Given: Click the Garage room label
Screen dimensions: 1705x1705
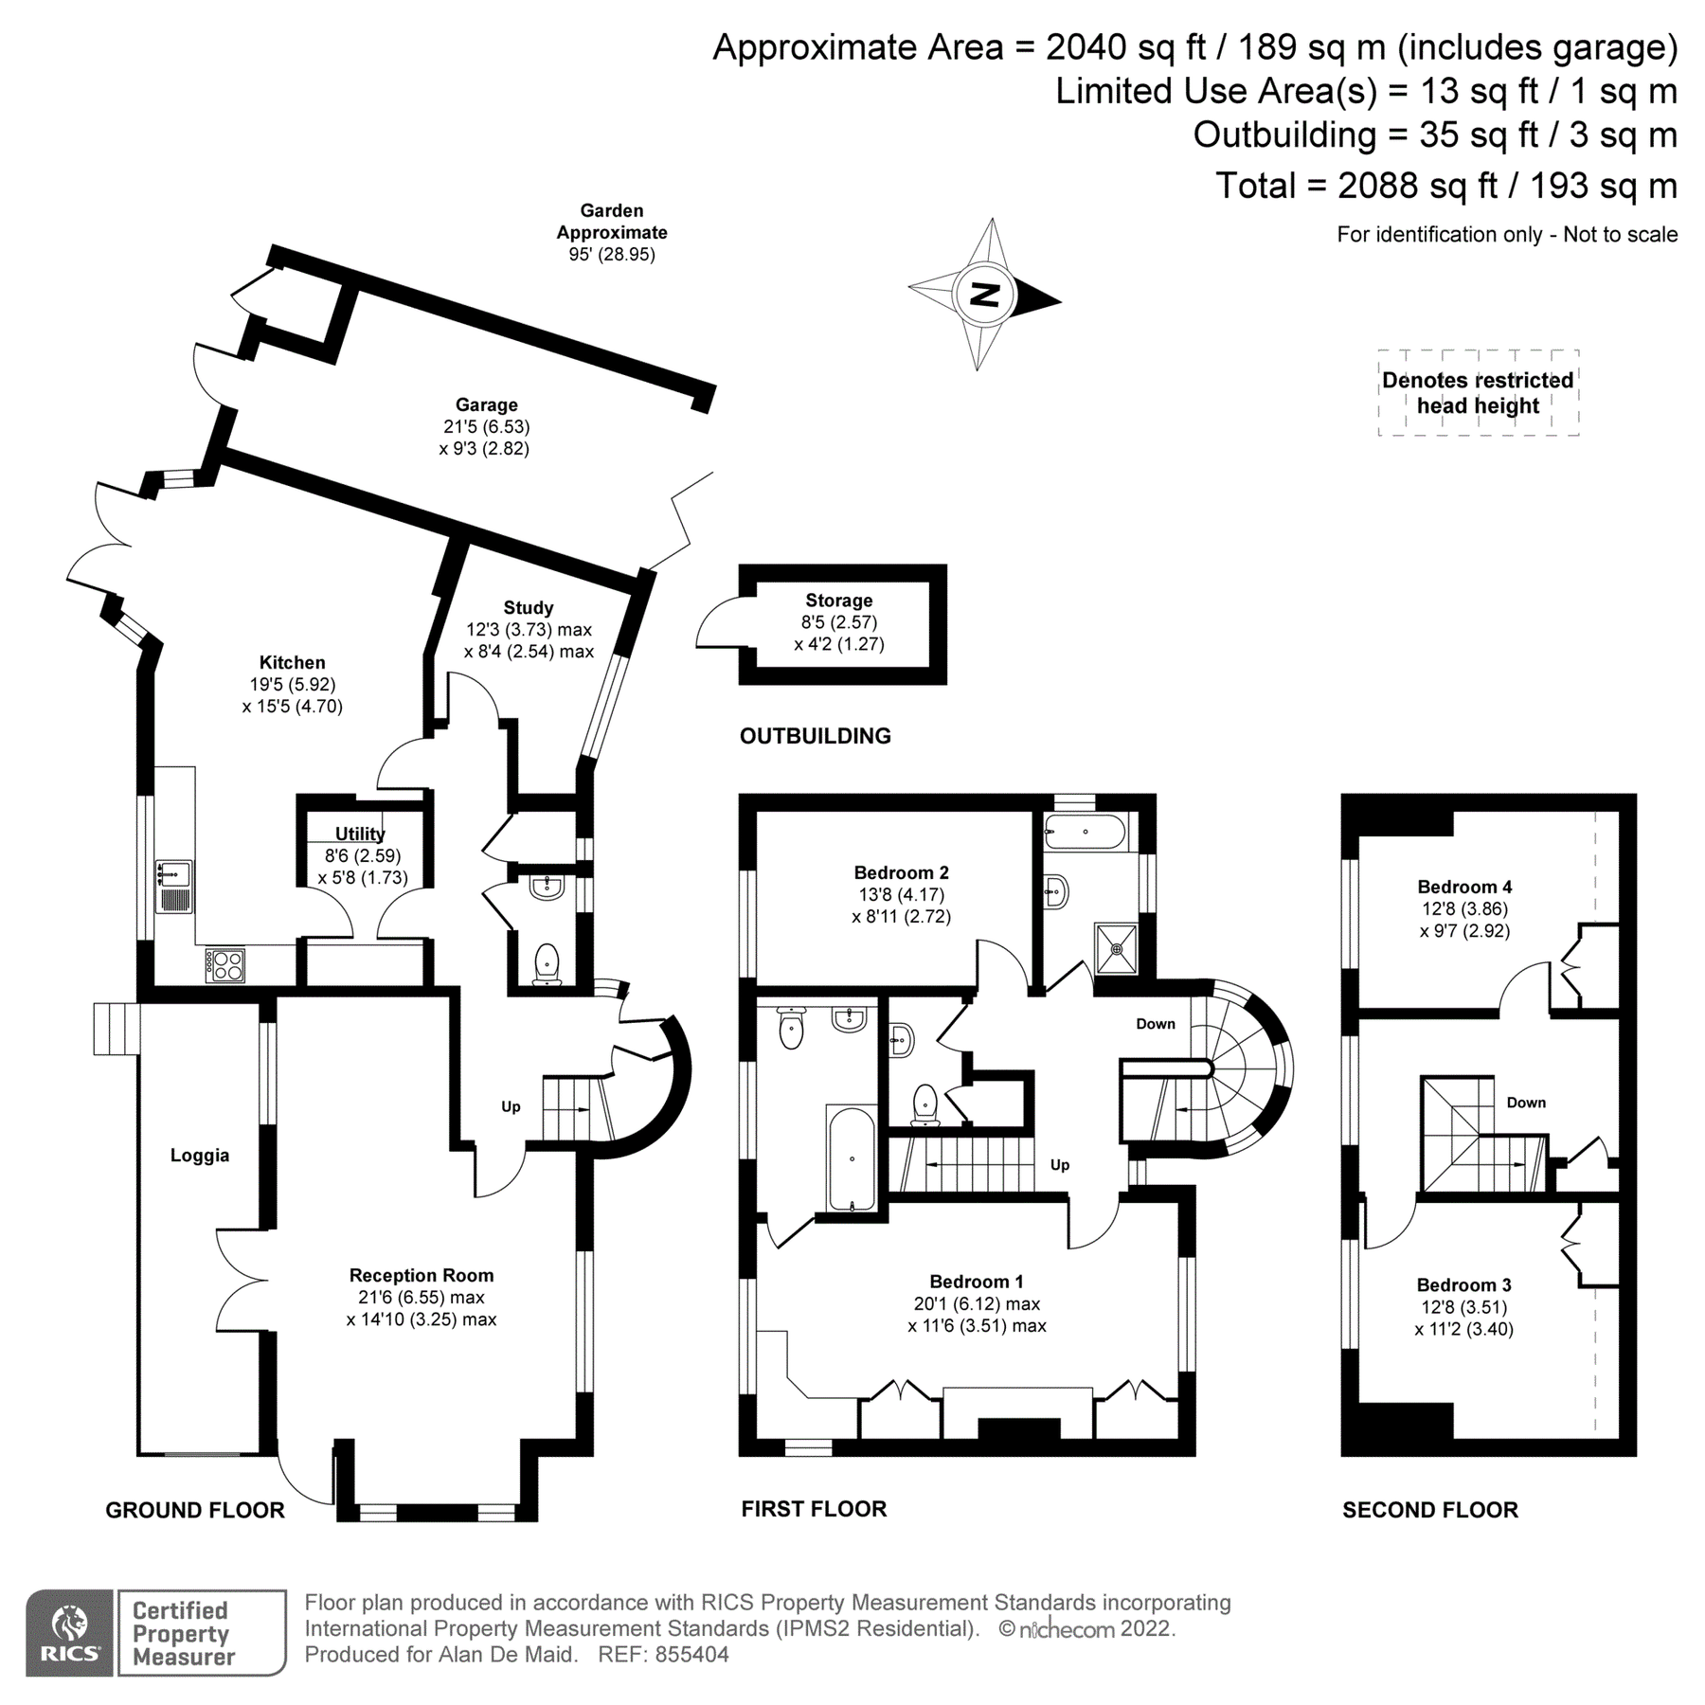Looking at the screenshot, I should (x=486, y=404).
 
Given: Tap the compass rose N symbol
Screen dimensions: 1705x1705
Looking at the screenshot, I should (x=986, y=295).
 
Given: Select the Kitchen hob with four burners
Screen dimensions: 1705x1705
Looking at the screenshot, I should (x=225, y=965).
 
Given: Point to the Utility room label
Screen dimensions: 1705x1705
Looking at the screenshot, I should (x=360, y=834).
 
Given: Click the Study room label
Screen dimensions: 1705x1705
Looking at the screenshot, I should (x=528, y=607).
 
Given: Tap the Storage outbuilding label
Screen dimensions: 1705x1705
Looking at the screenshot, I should (x=838, y=600).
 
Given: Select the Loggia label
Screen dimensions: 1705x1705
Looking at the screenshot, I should (x=200, y=1155).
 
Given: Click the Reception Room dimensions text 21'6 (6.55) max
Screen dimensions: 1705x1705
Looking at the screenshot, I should (x=421, y=1297).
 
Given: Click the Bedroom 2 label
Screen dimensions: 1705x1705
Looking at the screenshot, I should (x=901, y=872).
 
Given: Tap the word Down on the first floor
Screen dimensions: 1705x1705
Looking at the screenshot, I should (x=1156, y=1023).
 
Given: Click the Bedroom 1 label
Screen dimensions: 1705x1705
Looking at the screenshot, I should (x=976, y=1282).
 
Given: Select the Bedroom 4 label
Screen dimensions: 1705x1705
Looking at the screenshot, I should (x=1464, y=887).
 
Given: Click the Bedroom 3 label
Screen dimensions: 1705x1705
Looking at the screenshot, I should (x=1463, y=1284).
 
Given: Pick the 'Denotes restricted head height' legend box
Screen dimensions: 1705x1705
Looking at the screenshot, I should (x=1478, y=393).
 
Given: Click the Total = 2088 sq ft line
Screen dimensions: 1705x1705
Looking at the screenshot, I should (x=1445, y=186).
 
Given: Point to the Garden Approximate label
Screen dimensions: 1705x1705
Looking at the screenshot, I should (x=612, y=222).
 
